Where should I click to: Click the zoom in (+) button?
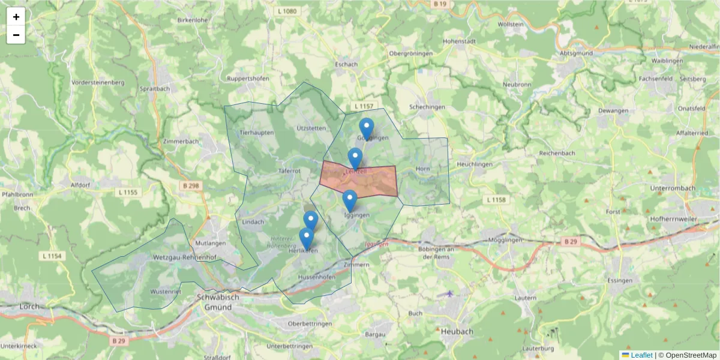16,16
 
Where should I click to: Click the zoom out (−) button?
16,35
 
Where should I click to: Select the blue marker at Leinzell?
355,158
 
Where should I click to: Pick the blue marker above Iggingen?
350,200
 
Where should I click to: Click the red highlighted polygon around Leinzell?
378,183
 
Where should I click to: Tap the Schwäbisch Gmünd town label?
218,302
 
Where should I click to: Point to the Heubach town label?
457,331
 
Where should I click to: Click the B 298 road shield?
190,186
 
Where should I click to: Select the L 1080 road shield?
288,11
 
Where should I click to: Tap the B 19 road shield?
440,4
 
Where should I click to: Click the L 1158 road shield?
497,199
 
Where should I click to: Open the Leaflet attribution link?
641,355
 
